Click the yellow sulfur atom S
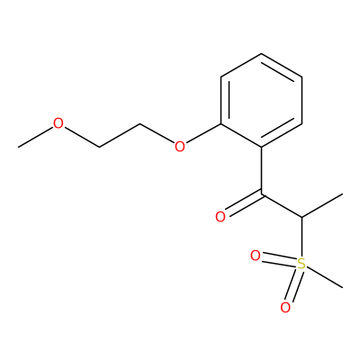(x=301, y=264)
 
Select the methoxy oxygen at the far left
(x=58, y=123)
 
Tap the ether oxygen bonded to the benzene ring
(x=179, y=147)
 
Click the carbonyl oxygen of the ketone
(x=220, y=217)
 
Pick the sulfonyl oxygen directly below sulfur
(x=285, y=308)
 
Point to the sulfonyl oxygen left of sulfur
(x=256, y=256)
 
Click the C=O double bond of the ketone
(x=244, y=203)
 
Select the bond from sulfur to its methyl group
(x=324, y=277)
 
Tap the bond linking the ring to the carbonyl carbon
(x=262, y=170)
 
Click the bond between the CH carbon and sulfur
(x=301, y=237)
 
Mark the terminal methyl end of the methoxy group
(x=19, y=147)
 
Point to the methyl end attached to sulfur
(x=342, y=288)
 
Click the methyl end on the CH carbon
(x=342, y=194)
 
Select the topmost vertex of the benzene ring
(x=262, y=54)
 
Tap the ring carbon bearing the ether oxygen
(x=221, y=123)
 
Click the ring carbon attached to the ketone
(x=262, y=147)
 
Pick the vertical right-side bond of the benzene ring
(x=301, y=101)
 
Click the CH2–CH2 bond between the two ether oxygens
(x=120, y=135)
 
